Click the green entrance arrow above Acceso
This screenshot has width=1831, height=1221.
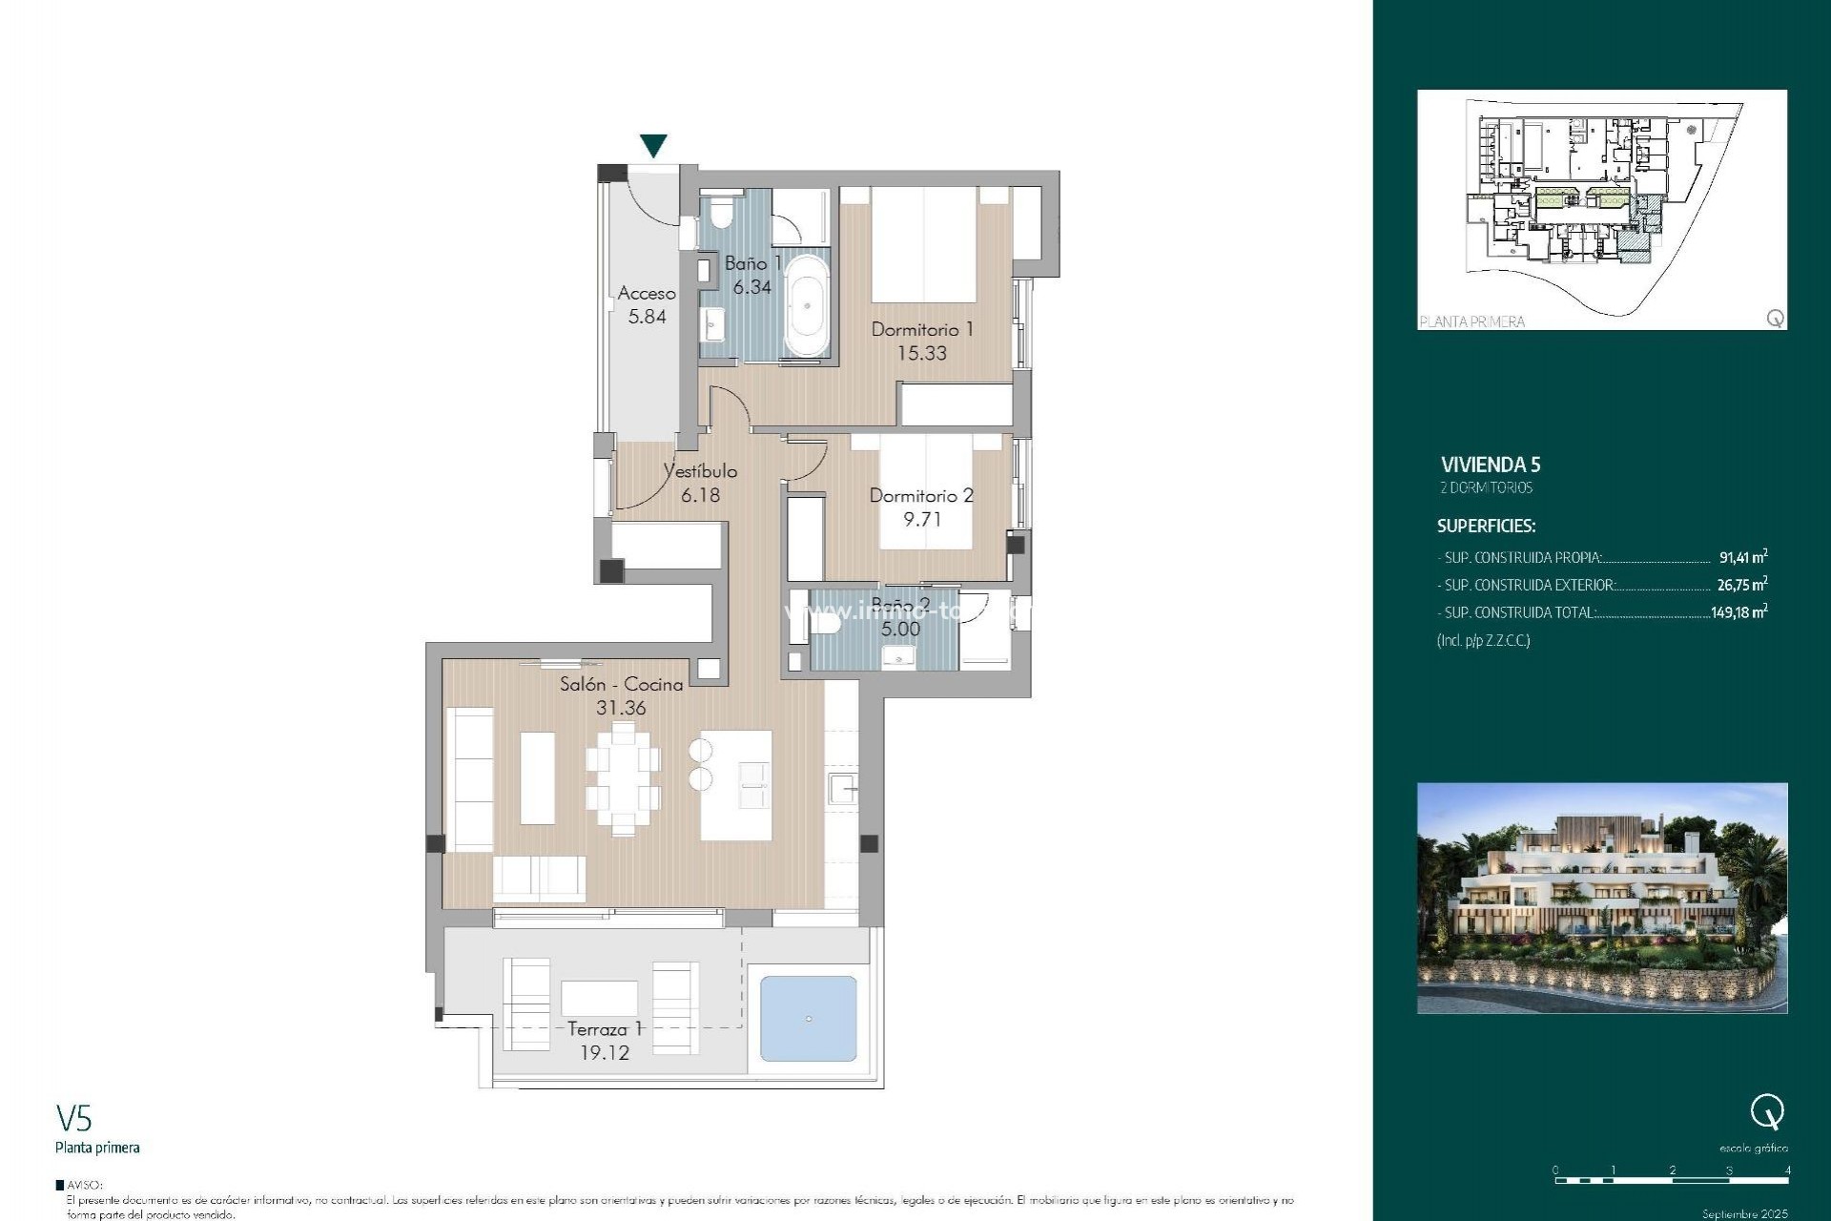point(653,145)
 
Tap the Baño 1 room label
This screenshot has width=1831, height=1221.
point(752,263)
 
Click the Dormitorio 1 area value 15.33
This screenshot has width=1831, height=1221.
point(921,353)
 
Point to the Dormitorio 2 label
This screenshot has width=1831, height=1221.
point(921,495)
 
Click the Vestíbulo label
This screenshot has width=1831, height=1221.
point(701,471)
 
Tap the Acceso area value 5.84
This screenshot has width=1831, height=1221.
point(647,317)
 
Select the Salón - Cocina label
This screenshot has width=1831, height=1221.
point(621,684)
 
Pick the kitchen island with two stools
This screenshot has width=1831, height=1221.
point(736,785)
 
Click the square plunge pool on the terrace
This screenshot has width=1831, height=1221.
point(808,1018)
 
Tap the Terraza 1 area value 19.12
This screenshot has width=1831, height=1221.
point(605,1052)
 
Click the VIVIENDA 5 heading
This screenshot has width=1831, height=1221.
point(1491,465)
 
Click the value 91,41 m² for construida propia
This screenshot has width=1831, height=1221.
point(1742,557)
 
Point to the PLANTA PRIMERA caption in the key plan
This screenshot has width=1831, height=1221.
point(1471,321)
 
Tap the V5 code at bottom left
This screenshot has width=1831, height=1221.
point(73,1118)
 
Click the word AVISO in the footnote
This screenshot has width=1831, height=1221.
point(84,1185)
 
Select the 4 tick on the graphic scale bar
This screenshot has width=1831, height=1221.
point(1787,1170)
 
